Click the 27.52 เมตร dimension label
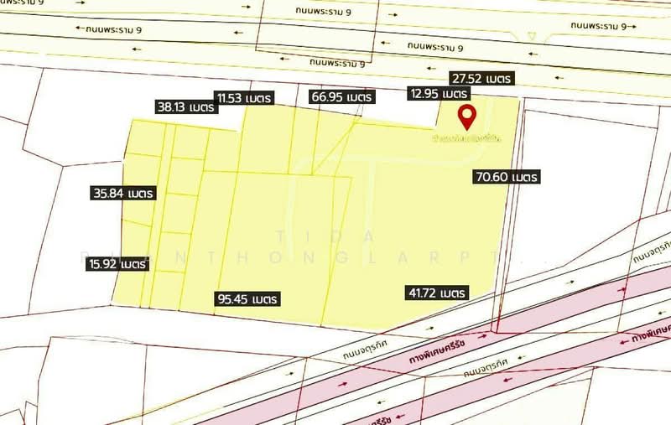481,78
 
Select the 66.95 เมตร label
340,97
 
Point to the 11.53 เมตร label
244,98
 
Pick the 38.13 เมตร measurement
185,107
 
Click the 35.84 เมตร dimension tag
123,193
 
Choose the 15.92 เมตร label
117,264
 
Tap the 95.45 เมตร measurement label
247,298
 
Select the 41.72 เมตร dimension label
435,293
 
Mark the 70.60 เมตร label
506,177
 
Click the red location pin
465,116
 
